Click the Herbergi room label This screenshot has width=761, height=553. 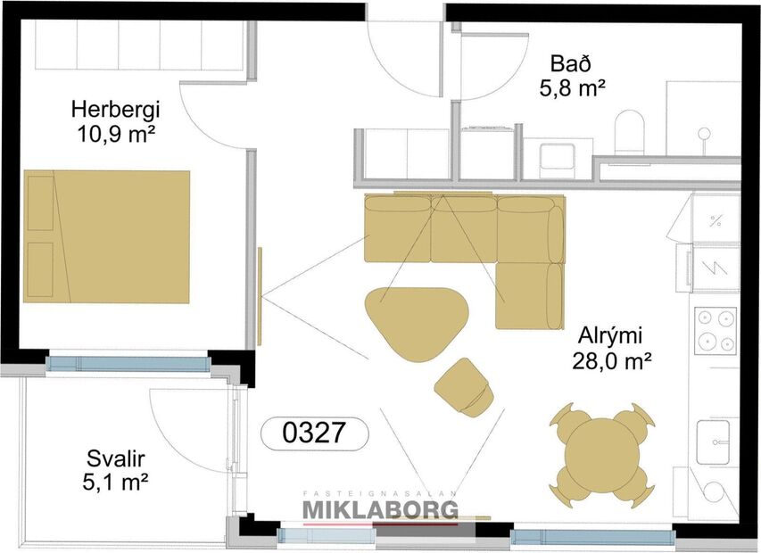(115, 110)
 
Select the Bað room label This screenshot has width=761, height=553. (572, 64)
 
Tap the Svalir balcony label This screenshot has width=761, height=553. (116, 459)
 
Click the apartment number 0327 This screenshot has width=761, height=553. (313, 433)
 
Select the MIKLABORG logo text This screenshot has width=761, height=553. (380, 509)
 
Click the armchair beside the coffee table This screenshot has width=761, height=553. (464, 386)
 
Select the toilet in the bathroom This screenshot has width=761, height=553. (630, 131)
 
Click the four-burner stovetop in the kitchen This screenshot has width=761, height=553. (716, 331)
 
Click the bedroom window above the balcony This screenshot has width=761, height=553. (126, 364)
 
